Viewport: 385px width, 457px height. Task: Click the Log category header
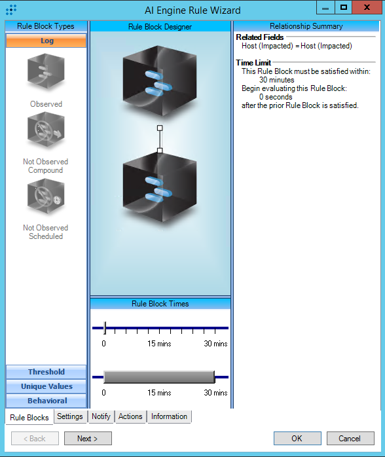46,41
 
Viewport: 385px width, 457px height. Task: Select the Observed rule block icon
46,71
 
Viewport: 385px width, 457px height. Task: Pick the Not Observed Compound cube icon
46,130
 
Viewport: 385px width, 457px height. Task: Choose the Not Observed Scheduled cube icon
46,196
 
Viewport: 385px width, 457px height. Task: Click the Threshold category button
46,372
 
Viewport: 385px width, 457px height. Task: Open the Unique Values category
46,386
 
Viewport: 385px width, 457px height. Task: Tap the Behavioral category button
46,401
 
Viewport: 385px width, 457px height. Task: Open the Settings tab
70,416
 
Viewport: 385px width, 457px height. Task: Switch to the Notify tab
101,416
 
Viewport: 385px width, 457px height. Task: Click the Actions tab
130,416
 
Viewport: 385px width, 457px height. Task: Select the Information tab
169,416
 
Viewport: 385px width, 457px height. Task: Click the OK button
297,439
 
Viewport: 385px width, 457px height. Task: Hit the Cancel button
350,439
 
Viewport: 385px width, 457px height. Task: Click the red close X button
367,7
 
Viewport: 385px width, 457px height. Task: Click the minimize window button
325,7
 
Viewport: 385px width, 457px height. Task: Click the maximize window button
344,7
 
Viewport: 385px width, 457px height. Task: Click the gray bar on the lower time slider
159,377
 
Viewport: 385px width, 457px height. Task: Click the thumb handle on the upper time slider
105,328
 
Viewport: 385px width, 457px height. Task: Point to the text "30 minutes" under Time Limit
276,80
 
